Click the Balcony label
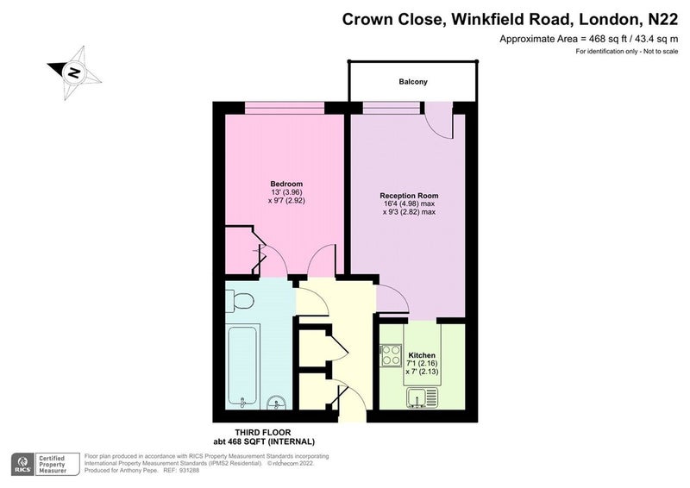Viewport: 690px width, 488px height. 413,82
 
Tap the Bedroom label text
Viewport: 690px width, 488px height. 286,184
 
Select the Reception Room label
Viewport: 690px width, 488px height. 409,196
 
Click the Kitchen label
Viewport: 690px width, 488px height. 422,355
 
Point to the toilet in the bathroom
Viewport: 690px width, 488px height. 239,301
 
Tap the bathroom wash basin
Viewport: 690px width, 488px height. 277,402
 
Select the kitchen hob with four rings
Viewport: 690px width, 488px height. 391,354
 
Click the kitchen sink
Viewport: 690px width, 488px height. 423,397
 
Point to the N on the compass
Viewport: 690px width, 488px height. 73,72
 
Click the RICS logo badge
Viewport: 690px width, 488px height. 22,464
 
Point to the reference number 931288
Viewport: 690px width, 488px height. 190,471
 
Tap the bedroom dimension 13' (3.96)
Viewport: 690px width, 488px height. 286,192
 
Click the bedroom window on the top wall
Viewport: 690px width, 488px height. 285,108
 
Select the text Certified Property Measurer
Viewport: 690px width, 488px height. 52,464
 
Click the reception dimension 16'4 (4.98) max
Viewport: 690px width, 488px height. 409,203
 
